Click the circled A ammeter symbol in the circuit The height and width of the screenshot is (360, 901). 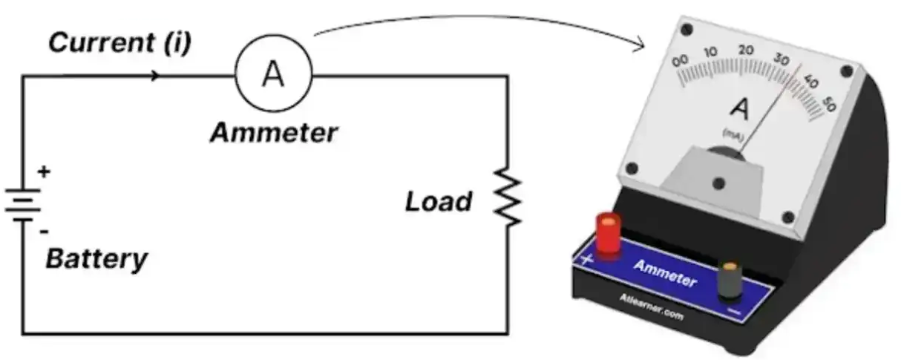[273, 75]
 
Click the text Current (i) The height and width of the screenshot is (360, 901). [119, 42]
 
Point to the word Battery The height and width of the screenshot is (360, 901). [96, 260]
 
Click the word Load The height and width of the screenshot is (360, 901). [439, 201]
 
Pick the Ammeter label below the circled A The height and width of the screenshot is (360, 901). [274, 134]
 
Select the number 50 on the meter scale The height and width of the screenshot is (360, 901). [829, 105]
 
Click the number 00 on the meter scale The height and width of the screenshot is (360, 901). [680, 62]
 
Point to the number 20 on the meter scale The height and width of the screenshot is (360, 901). [746, 50]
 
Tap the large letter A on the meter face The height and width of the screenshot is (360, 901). [740, 109]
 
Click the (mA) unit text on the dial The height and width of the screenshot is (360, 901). [733, 134]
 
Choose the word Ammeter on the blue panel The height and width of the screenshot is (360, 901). [665, 274]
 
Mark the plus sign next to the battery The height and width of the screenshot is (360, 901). [44, 172]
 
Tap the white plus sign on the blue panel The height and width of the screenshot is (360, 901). [586, 259]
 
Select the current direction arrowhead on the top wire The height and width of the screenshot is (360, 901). [154, 76]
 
